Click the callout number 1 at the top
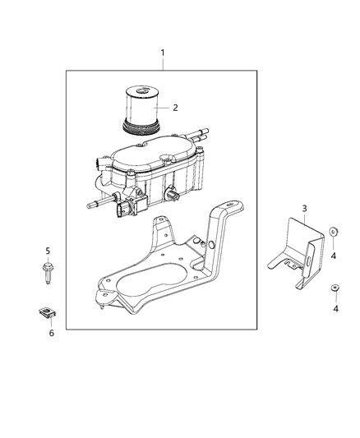(x=162, y=53)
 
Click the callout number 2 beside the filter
(x=174, y=107)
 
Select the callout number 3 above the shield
(x=304, y=209)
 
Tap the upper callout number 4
(x=333, y=256)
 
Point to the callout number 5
(x=48, y=250)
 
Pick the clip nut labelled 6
(x=48, y=312)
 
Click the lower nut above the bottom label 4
(x=335, y=287)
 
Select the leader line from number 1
(x=162, y=65)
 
